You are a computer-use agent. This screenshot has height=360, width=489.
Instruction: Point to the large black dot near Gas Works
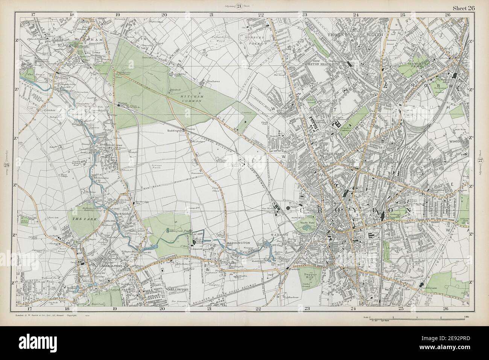pyautogui.click(x=289, y=208)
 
